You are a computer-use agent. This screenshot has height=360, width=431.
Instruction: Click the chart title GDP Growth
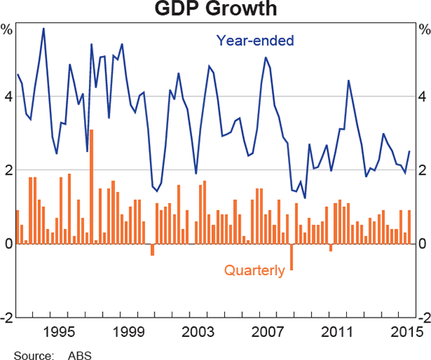pyautogui.click(x=215, y=10)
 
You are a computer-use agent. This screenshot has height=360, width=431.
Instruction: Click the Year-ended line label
pyautogui.click(x=255, y=41)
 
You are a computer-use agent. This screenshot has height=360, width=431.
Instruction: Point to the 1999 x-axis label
pyautogui.click(x=129, y=331)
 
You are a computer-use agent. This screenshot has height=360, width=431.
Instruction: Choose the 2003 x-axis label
pyautogui.click(x=199, y=331)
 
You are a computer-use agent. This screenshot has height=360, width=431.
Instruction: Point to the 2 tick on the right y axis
pyautogui.click(x=422, y=170)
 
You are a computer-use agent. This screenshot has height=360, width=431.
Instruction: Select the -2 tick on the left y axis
pyautogui.click(x=6, y=318)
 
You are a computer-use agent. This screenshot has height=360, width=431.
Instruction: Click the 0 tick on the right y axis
pyautogui.click(x=422, y=244)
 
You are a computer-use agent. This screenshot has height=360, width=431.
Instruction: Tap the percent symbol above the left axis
pyautogui.click(x=7, y=30)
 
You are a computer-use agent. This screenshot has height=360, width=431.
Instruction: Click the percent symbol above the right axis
pyautogui.click(x=422, y=30)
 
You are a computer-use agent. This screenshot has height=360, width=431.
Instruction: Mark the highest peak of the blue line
pyautogui.click(x=44, y=29)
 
